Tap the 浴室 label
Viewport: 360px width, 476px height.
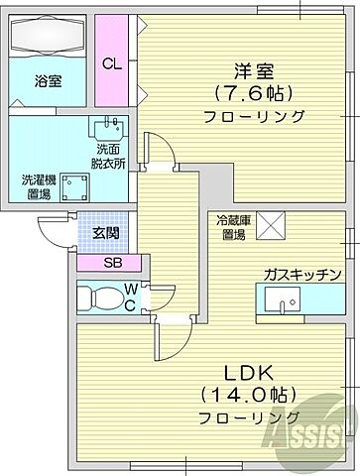pyautogui.click(x=49, y=81)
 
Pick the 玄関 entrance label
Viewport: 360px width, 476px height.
pyautogui.click(x=105, y=233)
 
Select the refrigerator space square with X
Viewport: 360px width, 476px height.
pyautogui.click(x=271, y=225)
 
